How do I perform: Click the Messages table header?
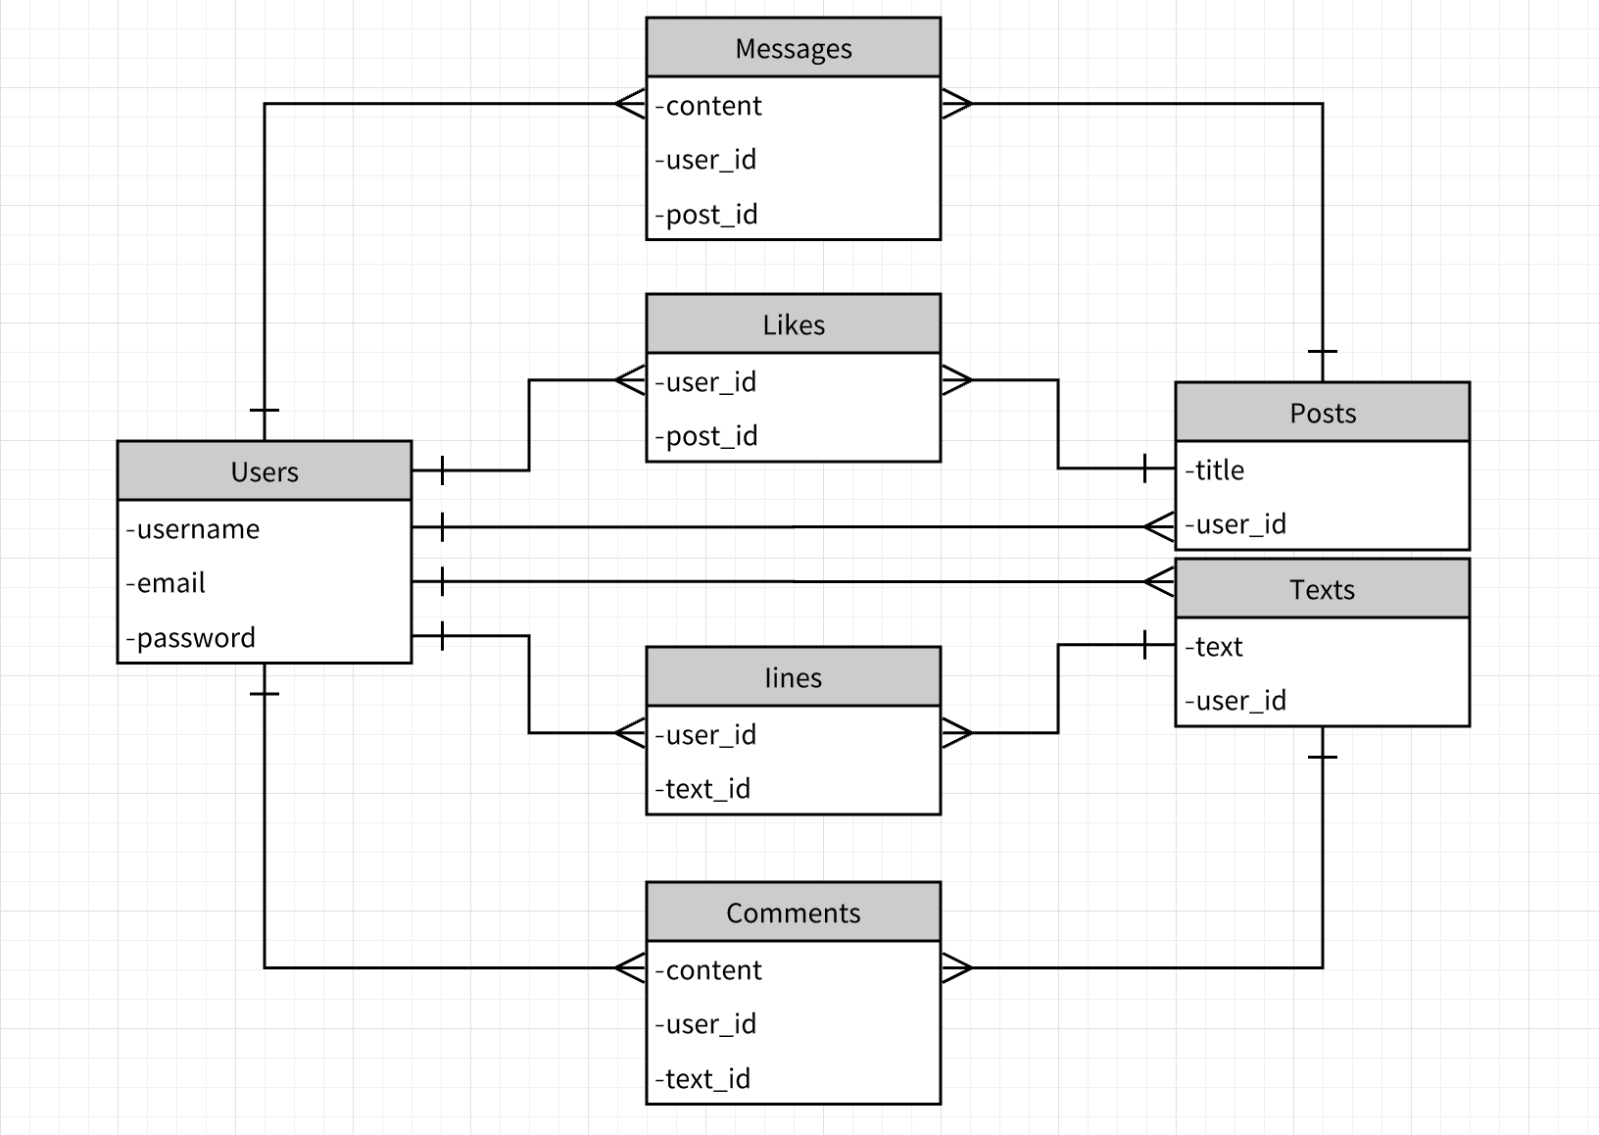click(793, 48)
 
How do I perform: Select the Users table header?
click(264, 471)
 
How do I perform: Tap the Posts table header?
click(1322, 413)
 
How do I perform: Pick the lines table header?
click(793, 677)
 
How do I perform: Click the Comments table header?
click(793, 913)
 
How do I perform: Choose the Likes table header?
click(793, 324)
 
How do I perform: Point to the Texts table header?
click(1322, 589)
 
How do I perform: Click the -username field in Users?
click(193, 529)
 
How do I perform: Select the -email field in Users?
click(166, 583)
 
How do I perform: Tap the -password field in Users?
click(191, 638)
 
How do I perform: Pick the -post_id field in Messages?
click(706, 215)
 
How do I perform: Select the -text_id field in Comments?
click(703, 1079)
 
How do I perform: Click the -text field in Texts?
click(1214, 647)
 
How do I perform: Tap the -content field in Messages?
click(708, 106)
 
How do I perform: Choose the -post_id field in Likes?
click(706, 436)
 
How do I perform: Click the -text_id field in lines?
click(703, 789)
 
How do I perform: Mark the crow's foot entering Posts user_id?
click(1160, 527)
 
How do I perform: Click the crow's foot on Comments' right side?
click(956, 968)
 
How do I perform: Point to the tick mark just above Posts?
click(1323, 351)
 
